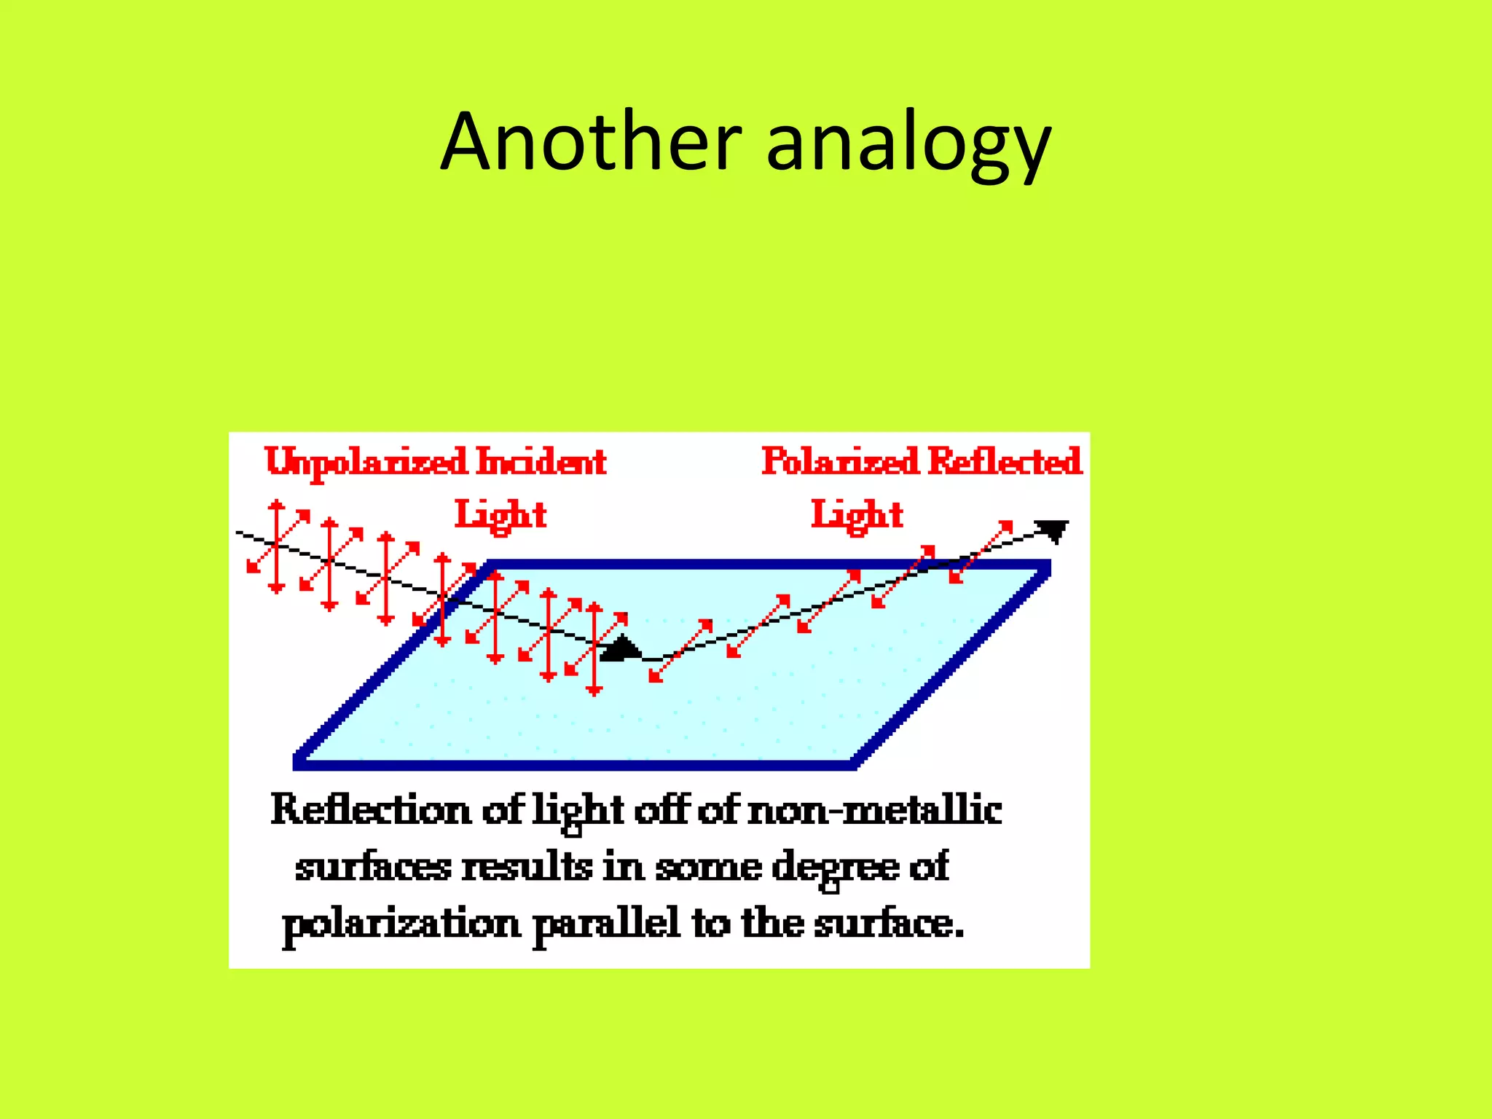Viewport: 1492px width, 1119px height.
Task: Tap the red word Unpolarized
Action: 366,462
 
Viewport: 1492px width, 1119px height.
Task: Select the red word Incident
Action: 541,462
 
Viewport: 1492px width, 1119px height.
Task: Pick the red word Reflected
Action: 1005,462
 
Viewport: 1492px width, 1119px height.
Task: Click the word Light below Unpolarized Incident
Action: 500,516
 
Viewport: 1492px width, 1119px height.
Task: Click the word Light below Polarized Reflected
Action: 857,516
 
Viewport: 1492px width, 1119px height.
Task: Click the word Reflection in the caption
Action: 371,810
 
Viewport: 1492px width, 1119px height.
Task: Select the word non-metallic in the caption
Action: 875,810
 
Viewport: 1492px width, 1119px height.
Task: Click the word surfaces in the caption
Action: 373,867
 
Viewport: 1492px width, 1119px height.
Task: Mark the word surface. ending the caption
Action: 889,924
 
